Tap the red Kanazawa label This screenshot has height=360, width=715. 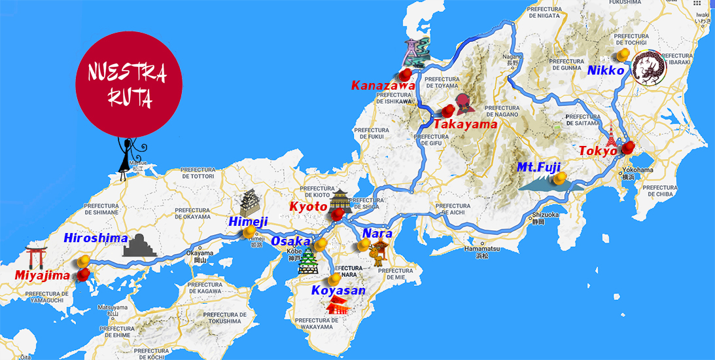pyautogui.click(x=383, y=85)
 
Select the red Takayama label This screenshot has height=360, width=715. pyautogui.click(x=465, y=124)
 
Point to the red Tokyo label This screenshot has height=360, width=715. pyautogui.click(x=598, y=151)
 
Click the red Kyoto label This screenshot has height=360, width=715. pyautogui.click(x=308, y=207)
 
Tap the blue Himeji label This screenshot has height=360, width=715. pyautogui.click(x=248, y=222)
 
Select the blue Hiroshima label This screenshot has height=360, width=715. pyautogui.click(x=96, y=238)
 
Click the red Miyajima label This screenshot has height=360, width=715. pyautogui.click(x=43, y=276)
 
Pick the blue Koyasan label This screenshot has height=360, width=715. pyautogui.click(x=338, y=290)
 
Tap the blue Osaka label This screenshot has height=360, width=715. pyautogui.click(x=291, y=242)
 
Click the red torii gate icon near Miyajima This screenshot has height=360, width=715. pyautogui.click(x=36, y=257)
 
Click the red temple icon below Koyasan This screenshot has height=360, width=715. pyautogui.click(x=338, y=305)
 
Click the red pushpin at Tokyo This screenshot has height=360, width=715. pyautogui.click(x=628, y=148)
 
